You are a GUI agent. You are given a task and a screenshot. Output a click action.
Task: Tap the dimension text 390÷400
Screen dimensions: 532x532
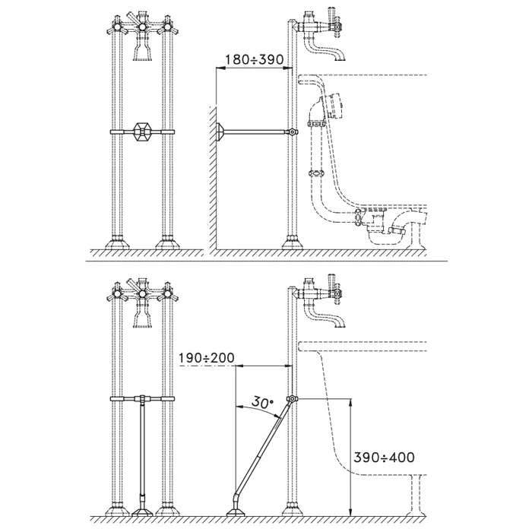pos(385,458)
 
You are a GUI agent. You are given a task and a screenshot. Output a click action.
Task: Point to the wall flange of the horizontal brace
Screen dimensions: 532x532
pos(219,132)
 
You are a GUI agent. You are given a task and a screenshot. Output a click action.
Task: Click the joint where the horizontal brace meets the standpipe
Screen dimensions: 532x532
pos(291,132)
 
